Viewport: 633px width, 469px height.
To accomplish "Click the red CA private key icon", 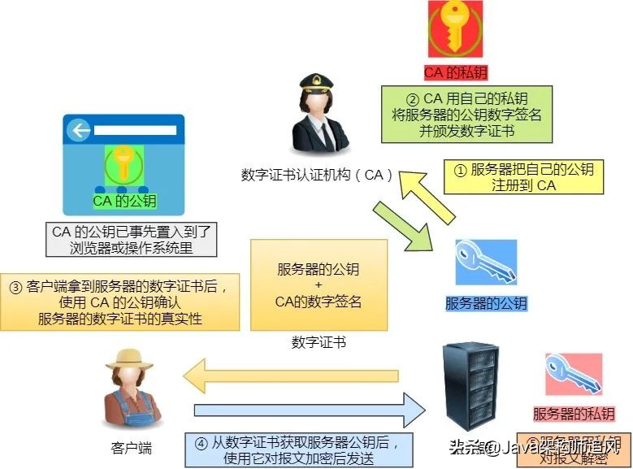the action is click(454, 30).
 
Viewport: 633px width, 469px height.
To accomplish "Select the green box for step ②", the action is click(467, 115).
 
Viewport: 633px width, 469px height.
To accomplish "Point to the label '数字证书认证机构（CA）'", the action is click(319, 175).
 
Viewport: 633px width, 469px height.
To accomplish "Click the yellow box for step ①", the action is click(524, 177).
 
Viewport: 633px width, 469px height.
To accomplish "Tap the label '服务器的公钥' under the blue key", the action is click(486, 304).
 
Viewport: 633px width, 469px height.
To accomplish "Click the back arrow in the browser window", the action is click(79, 131).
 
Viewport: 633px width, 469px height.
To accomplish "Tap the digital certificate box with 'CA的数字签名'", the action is click(319, 285).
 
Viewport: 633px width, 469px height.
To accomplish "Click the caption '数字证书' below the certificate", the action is click(319, 342).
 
